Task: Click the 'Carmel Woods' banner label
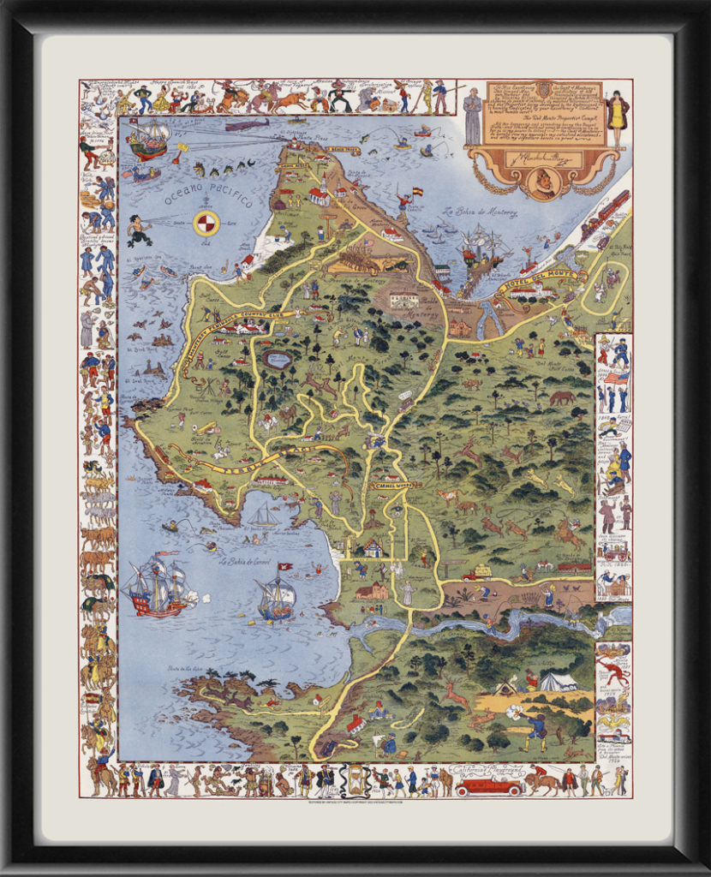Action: pos(395,485)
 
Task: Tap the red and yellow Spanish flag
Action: pos(417,192)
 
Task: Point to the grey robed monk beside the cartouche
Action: pos(473,116)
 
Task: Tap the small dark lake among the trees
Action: pos(278,358)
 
